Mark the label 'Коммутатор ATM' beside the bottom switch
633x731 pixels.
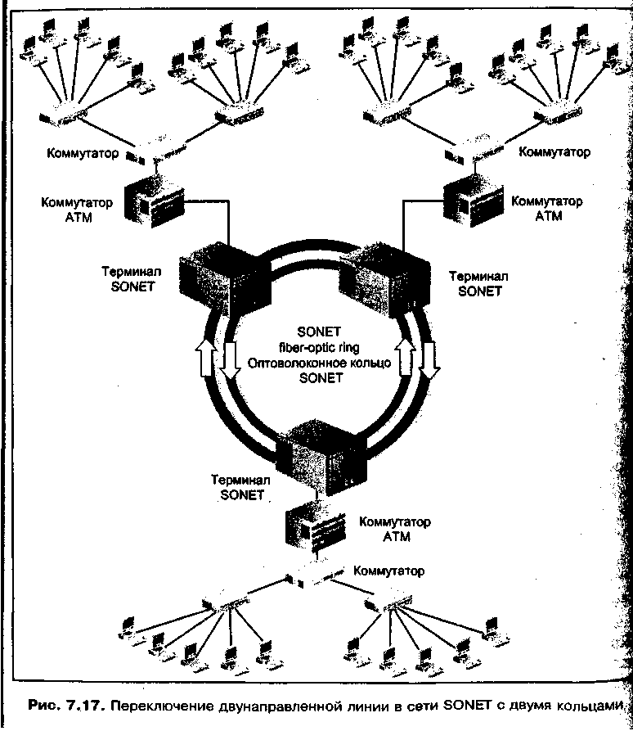click(x=396, y=529)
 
